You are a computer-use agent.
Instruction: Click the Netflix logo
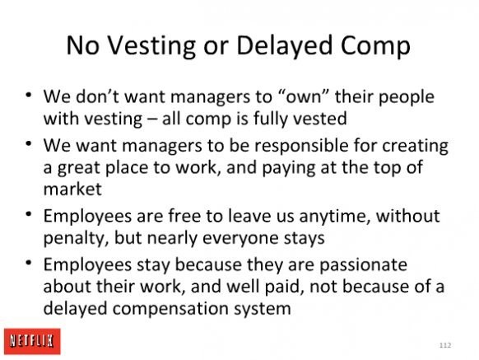[x=32, y=341]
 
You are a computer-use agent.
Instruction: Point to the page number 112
[x=445, y=345]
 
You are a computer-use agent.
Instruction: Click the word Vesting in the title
[x=151, y=46]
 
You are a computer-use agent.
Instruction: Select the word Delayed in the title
[x=284, y=46]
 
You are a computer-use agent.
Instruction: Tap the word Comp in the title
[x=375, y=47]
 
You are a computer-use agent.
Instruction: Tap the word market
[x=72, y=189]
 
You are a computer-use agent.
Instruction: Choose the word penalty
[x=76, y=239]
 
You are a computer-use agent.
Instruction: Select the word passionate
[x=363, y=265]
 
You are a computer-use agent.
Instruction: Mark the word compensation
[x=170, y=309]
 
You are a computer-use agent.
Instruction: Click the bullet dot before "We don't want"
[x=29, y=95]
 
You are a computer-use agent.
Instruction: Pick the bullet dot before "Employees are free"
[x=29, y=214]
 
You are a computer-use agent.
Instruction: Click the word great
[x=78, y=168]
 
